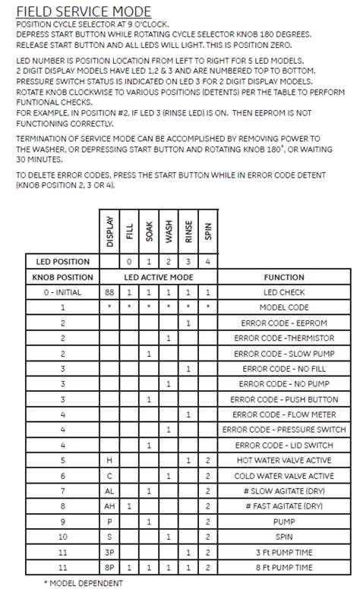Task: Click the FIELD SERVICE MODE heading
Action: tap(83, 11)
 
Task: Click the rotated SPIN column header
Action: tap(207, 235)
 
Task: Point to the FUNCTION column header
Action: tap(283, 277)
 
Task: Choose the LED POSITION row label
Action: tap(62, 261)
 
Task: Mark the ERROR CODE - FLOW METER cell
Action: tap(283, 414)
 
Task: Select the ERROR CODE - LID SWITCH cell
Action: tap(283, 445)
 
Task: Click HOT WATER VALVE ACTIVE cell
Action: tap(283, 460)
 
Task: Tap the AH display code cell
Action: tap(111, 506)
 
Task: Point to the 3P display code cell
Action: tap(111, 551)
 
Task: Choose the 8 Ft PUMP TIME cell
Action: tap(283, 566)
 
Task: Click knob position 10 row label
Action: tap(62, 536)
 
